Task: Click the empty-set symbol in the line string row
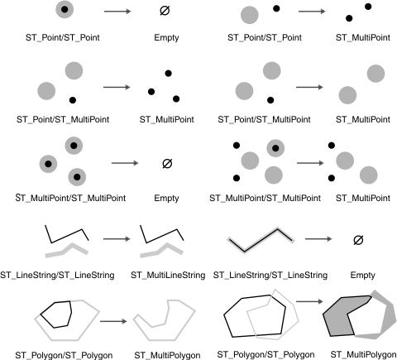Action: [x=357, y=240]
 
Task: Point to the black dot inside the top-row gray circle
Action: [x=65, y=10]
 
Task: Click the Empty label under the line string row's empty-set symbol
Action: [x=357, y=274]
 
